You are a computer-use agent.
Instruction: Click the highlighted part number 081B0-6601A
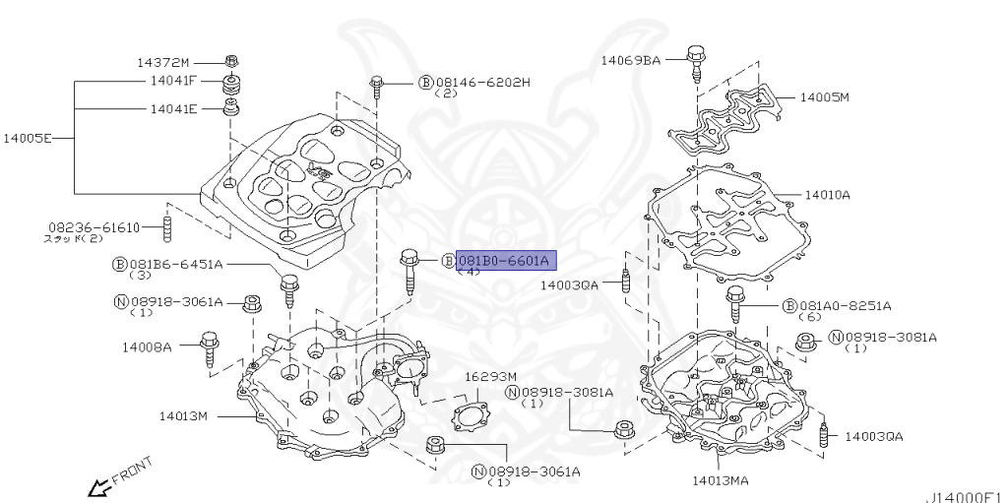[505, 260]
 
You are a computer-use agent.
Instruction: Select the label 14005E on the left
[31, 139]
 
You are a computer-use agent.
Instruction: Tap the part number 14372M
[163, 62]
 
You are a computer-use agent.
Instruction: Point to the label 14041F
[173, 81]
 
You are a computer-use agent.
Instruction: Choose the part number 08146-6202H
[482, 82]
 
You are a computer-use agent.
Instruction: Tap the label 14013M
[183, 415]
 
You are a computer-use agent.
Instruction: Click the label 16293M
[489, 376]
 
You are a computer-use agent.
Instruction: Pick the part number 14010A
[827, 195]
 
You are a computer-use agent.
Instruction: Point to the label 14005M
[824, 97]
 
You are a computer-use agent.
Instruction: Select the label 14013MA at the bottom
[720, 480]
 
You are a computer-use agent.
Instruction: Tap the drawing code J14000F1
[965, 495]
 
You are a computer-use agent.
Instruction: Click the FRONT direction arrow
[98, 486]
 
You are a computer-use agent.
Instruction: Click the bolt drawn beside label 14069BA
[695, 61]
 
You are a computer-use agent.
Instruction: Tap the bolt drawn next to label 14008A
[209, 349]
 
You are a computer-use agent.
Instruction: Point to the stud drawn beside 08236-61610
[167, 229]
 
